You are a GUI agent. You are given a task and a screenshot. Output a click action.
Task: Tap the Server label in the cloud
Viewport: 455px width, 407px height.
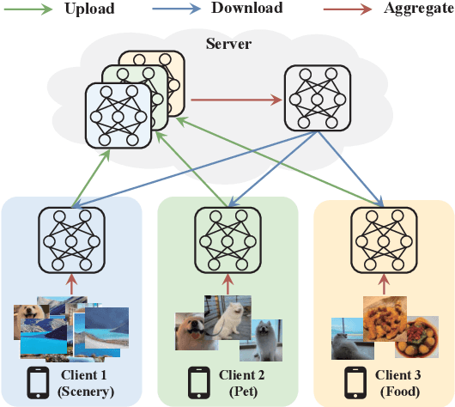point(227,42)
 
